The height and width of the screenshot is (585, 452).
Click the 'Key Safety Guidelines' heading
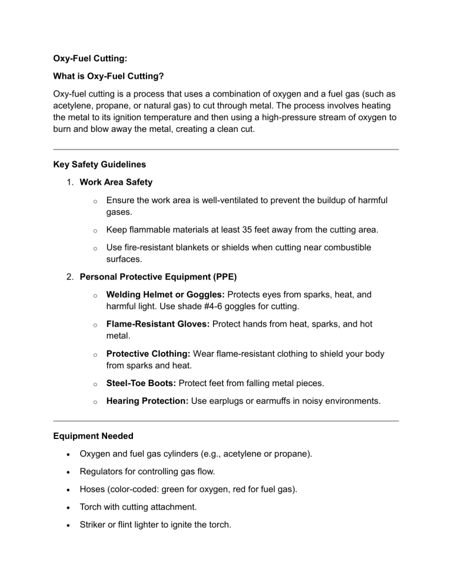click(99, 165)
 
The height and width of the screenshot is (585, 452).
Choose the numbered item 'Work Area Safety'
click(117, 182)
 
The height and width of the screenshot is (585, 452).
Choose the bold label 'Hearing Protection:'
click(148, 401)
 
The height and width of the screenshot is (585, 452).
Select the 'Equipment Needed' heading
click(94, 437)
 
